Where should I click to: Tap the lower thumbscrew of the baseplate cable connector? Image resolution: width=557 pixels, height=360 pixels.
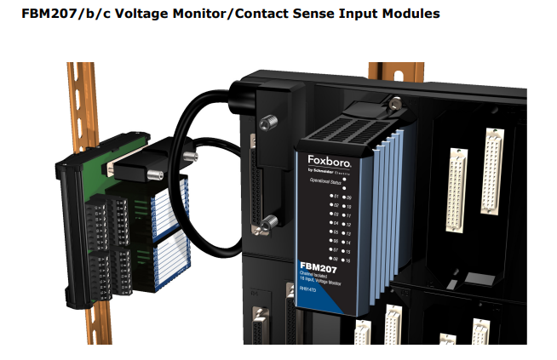[x=267, y=222]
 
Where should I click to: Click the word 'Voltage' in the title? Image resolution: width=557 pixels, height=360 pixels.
[x=133, y=15]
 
